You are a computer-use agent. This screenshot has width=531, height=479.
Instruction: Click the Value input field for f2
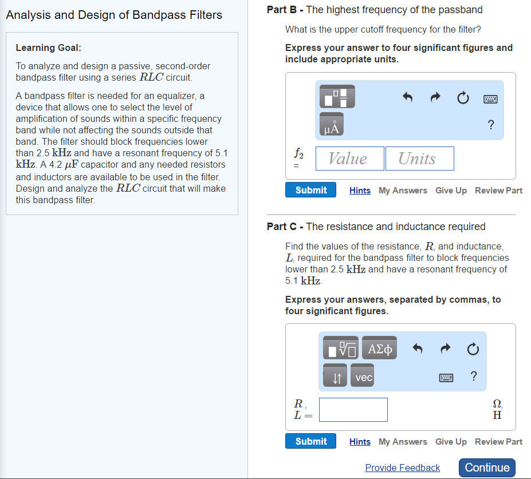pyautogui.click(x=350, y=159)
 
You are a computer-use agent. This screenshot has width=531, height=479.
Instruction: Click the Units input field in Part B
pyautogui.click(x=419, y=159)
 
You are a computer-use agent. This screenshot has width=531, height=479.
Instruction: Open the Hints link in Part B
pyautogui.click(x=360, y=191)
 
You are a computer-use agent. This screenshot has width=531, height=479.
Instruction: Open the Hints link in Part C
pyautogui.click(x=360, y=441)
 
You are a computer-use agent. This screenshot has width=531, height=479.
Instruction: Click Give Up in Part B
pyautogui.click(x=451, y=191)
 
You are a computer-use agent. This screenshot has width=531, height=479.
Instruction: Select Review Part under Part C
pyautogui.click(x=498, y=441)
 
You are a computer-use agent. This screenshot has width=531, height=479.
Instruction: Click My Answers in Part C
pyautogui.click(x=403, y=441)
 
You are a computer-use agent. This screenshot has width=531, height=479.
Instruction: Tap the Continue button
pyautogui.click(x=487, y=468)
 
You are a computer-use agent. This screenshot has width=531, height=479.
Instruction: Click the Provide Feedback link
pyautogui.click(x=402, y=468)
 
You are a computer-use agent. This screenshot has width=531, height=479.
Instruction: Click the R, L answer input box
pyautogui.click(x=353, y=410)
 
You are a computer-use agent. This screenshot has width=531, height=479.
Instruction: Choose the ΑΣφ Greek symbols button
pyautogui.click(x=380, y=347)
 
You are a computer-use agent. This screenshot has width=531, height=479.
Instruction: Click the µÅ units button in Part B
pyautogui.click(x=332, y=124)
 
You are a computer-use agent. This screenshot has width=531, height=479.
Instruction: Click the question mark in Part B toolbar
pyautogui.click(x=491, y=125)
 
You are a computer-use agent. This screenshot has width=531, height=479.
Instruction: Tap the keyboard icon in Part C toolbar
pyautogui.click(x=446, y=378)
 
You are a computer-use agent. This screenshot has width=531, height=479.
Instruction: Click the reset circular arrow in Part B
pyautogui.click(x=463, y=98)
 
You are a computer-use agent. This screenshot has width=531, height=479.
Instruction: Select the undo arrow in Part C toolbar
pyautogui.click(x=418, y=349)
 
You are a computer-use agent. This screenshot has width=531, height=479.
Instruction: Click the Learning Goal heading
pyautogui.click(x=49, y=47)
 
